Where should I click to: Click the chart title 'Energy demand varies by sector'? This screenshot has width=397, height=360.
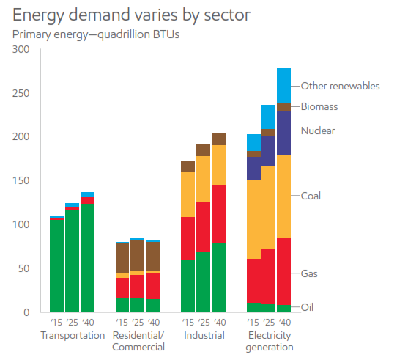click(x=131, y=15)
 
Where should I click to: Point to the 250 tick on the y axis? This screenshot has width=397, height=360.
click(x=21, y=93)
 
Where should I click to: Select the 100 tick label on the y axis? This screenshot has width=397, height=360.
click(x=21, y=224)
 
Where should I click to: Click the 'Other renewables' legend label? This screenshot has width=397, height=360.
click(x=341, y=87)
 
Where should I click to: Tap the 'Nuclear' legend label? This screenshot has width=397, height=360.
click(x=318, y=131)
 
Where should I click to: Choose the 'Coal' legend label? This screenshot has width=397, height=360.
click(x=311, y=196)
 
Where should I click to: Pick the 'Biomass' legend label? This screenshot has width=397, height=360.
click(x=319, y=106)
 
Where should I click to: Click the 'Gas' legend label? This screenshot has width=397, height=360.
click(x=309, y=273)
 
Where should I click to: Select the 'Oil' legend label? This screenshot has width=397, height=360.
click(x=307, y=307)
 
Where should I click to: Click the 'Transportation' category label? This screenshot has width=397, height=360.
click(x=73, y=335)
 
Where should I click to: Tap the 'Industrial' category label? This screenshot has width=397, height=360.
click(x=204, y=335)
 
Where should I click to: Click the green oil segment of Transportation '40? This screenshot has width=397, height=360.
click(x=88, y=258)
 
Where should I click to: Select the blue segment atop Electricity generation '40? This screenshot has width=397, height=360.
click(x=283, y=86)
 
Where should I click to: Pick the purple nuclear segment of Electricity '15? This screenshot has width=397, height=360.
click(x=253, y=169)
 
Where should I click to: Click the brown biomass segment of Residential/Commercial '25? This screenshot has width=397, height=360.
click(x=138, y=256)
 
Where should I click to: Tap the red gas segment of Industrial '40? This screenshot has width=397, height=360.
click(x=219, y=215)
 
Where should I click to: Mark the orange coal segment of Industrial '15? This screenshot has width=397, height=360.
click(x=188, y=194)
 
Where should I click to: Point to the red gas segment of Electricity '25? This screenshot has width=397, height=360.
click(x=268, y=277)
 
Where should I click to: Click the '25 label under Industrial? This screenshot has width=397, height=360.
click(x=204, y=323)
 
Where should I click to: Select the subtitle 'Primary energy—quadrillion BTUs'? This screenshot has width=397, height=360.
click(x=96, y=34)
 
